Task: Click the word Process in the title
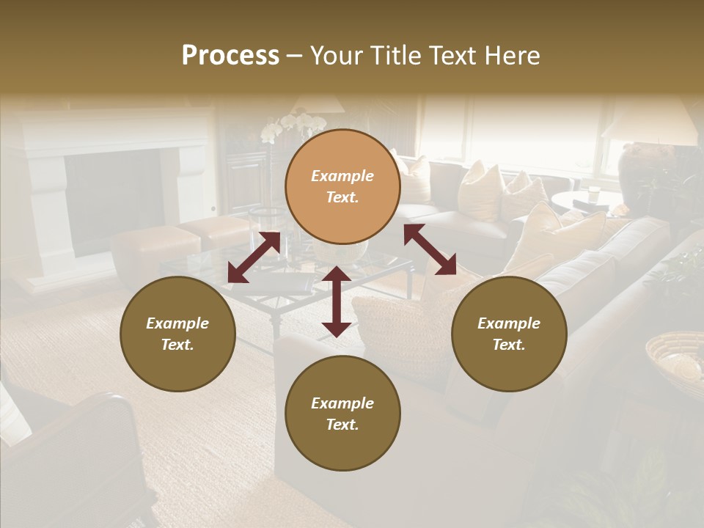click(230, 56)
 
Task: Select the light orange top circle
click(342, 186)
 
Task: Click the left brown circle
click(177, 334)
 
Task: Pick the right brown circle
click(509, 334)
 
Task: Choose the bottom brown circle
click(342, 414)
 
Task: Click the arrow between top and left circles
click(254, 257)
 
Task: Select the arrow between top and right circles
click(430, 249)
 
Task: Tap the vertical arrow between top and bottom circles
click(337, 301)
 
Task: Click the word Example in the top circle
click(342, 176)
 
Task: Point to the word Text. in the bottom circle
click(342, 425)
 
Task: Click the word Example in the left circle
click(177, 323)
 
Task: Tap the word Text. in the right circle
click(509, 345)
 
